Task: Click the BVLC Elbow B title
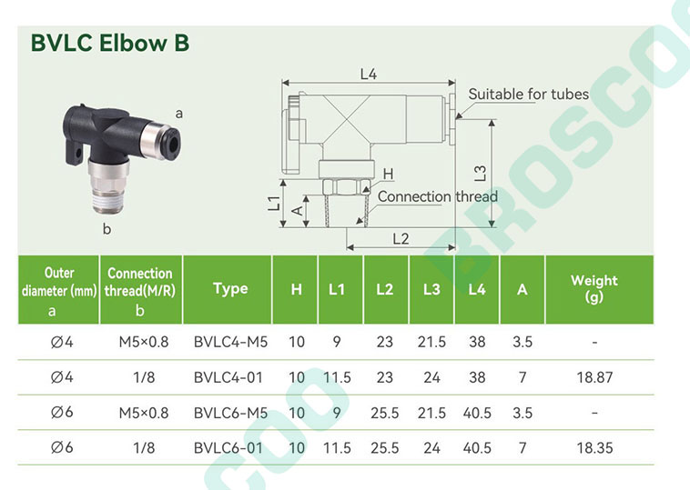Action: click(110, 43)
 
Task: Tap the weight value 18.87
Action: click(594, 377)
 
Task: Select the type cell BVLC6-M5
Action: click(230, 413)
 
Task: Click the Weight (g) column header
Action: click(594, 288)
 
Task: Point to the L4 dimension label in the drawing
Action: click(369, 75)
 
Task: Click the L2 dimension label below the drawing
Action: click(401, 239)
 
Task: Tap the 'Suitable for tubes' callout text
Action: click(529, 94)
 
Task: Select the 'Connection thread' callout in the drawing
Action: click(438, 196)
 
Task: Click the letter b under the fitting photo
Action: click(107, 228)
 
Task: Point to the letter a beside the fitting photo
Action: click(179, 114)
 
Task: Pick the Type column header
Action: click(230, 289)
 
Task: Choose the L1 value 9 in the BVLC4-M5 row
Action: click(337, 342)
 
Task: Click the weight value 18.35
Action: click(594, 448)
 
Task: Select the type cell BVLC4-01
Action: click(228, 377)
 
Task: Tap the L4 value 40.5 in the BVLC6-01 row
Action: click(477, 448)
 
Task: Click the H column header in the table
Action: click(296, 290)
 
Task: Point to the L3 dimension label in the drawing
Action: click(481, 173)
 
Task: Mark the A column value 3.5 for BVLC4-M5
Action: click(523, 342)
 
